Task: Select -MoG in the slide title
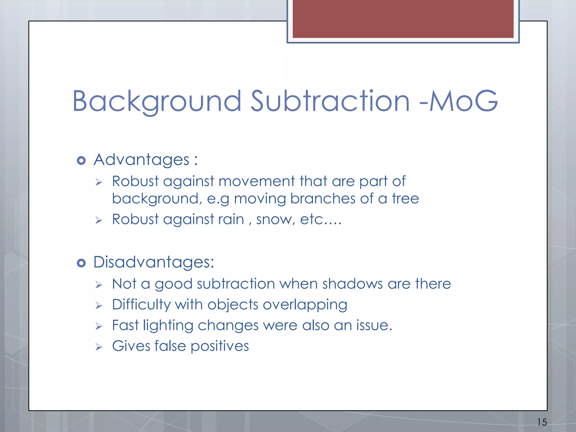[458, 101]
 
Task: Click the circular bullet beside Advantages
[81, 161]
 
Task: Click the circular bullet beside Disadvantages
[81, 263]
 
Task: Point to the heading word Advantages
[141, 160]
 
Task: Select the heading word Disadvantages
[154, 262]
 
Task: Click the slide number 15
[542, 422]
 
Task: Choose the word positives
[220, 346]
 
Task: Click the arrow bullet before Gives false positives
[98, 347]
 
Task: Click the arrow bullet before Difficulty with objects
[98, 306]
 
